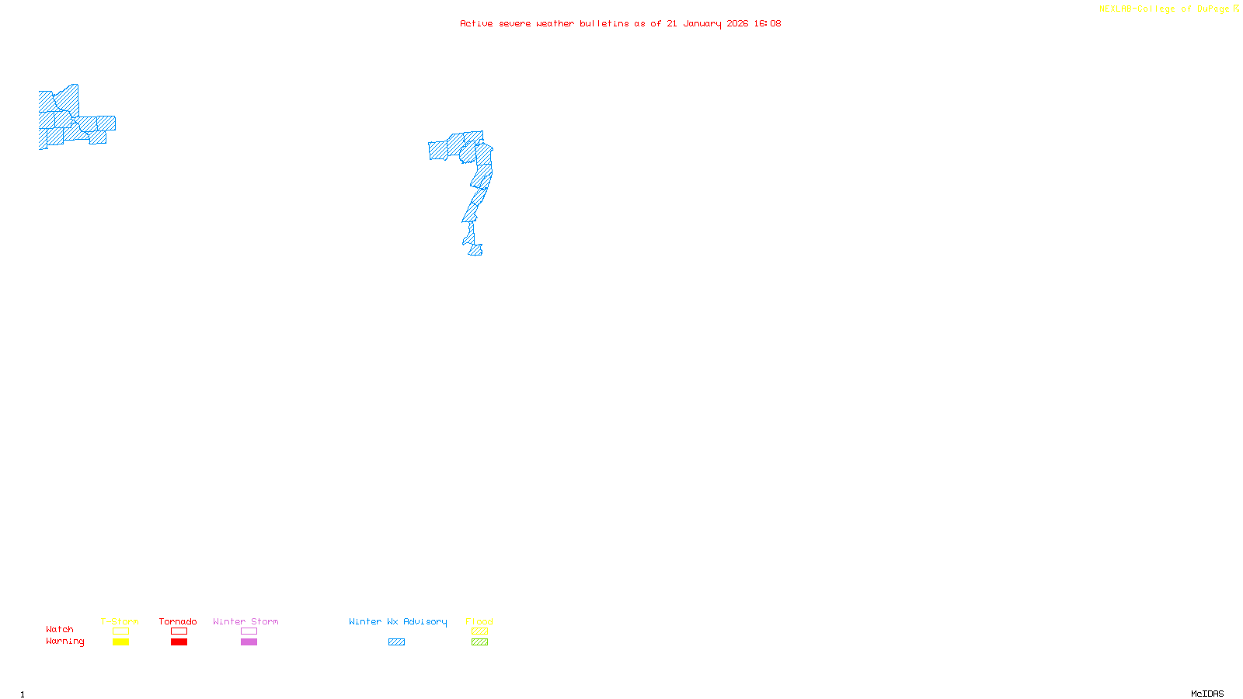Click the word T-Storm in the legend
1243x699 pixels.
pos(120,621)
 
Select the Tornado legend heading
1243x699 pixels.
pos(178,621)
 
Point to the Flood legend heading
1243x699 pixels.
pos(479,621)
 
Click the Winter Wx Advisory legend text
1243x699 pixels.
pos(398,621)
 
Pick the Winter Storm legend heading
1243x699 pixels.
pos(245,621)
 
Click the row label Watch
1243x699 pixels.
pos(60,629)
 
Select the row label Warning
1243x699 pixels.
pos(65,642)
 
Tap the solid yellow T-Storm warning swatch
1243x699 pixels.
pos(120,642)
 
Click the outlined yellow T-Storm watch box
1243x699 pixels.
pos(120,631)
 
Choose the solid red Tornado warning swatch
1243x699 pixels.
pos(179,642)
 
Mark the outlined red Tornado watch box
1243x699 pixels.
pos(179,631)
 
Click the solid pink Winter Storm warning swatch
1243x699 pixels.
pos(249,642)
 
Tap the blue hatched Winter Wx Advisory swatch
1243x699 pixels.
pos(396,642)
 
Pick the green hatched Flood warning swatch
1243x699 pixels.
pos(479,642)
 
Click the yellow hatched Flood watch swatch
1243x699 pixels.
pos(479,631)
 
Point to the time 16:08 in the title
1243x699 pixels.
pos(768,23)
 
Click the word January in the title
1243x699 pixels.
pos(702,23)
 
